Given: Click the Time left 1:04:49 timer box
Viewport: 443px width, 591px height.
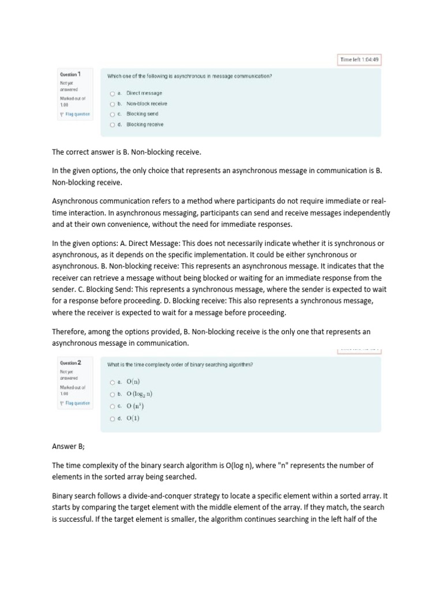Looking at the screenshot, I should [359, 59].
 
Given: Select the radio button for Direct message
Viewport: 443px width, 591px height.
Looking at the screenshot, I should [112, 93].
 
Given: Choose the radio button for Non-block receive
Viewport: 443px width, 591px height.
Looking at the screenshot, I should [112, 103].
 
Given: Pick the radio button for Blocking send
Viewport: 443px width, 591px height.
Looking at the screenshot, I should [112, 114].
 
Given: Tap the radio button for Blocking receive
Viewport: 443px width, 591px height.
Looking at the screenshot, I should [112, 124].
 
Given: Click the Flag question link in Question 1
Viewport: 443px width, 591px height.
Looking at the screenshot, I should [76, 114].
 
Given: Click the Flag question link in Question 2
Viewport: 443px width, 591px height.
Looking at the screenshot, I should [76, 403].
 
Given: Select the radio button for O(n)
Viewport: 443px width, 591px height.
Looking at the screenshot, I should [112, 381].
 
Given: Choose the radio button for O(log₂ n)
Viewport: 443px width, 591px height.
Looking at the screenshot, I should [112, 394].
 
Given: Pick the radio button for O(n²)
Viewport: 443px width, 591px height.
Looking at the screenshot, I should [112, 406].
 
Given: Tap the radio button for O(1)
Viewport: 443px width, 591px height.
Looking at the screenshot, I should [112, 418].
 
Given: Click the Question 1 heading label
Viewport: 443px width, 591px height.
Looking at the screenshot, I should [70, 74].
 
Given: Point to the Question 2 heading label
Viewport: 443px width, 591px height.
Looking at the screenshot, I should [70, 362].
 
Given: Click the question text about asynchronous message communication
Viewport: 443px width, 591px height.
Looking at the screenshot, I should [190, 76].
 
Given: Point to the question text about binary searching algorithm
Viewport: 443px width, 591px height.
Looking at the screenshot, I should [180, 365].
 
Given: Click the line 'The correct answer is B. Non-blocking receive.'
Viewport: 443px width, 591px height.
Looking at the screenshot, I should [126, 152].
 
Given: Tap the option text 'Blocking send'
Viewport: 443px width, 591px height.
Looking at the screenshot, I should [142, 114].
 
